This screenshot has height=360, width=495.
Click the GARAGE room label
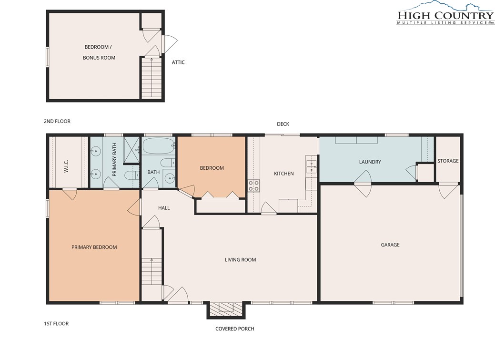pos(390,245)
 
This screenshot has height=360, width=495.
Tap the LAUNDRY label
pos(370,162)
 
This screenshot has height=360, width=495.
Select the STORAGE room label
pos(448,161)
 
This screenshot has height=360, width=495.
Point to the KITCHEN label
pos(284,174)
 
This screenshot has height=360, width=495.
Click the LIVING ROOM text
pos(240,260)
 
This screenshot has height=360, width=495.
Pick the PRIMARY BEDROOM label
pos(94,247)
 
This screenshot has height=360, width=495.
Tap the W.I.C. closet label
pos(66,166)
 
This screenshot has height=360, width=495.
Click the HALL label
pos(164,208)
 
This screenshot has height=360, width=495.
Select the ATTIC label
pos(178,62)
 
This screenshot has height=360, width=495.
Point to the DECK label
pos(283,124)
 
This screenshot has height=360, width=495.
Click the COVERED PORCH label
pos(234,329)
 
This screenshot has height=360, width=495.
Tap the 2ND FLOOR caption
pos(57,121)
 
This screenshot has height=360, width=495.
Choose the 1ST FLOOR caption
pos(56,324)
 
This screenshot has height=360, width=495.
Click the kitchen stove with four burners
pos(254,185)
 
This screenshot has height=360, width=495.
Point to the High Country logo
pos(445,14)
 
